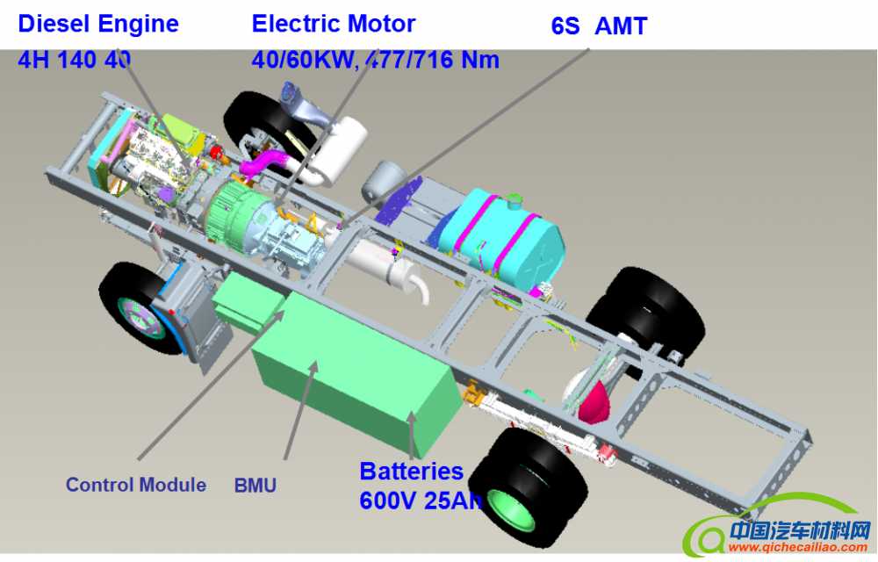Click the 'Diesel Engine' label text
pyautogui.click(x=98, y=24)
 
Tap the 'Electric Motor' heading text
pyautogui.click(x=334, y=24)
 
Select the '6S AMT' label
pyautogui.click(x=599, y=26)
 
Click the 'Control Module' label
pyautogui.click(x=136, y=485)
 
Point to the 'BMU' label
pyautogui.click(x=255, y=485)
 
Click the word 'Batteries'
pyautogui.click(x=411, y=472)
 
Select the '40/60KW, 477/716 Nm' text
pyautogui.click(x=375, y=60)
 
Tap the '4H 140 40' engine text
pyautogui.click(x=74, y=60)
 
